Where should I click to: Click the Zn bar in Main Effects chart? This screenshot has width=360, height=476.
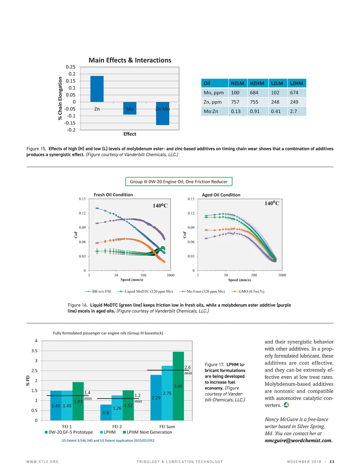tap(97, 89)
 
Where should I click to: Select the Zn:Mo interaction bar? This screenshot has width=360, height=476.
tap(162, 113)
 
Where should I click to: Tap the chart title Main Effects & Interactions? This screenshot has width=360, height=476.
tap(130, 60)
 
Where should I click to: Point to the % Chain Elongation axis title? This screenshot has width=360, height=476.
tap(60, 98)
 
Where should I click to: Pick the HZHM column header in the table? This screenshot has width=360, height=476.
tap(257, 83)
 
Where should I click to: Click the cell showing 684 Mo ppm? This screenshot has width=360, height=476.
tap(254, 93)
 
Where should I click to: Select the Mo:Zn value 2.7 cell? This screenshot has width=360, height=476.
tap(294, 111)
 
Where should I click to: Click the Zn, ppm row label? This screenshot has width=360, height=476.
tap(213, 102)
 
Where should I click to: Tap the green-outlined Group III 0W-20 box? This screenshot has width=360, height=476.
tap(179, 182)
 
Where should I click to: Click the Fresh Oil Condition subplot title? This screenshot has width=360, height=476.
tap(113, 195)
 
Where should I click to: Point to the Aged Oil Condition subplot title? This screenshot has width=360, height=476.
tap(221, 195)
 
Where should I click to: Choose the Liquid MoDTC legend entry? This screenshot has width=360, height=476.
tap(146, 291)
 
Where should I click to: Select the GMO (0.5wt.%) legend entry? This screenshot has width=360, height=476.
tap(248, 291)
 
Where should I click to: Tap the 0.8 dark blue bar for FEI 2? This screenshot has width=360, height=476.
tap(106, 412)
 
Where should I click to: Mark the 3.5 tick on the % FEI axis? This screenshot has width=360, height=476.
tap(34, 351)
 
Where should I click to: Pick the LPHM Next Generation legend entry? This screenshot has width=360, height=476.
tap(147, 432)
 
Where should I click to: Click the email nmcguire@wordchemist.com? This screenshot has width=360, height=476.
tap(298, 441)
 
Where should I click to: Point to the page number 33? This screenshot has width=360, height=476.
tap(332, 462)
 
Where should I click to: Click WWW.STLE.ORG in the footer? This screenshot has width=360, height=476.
tap(43, 462)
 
